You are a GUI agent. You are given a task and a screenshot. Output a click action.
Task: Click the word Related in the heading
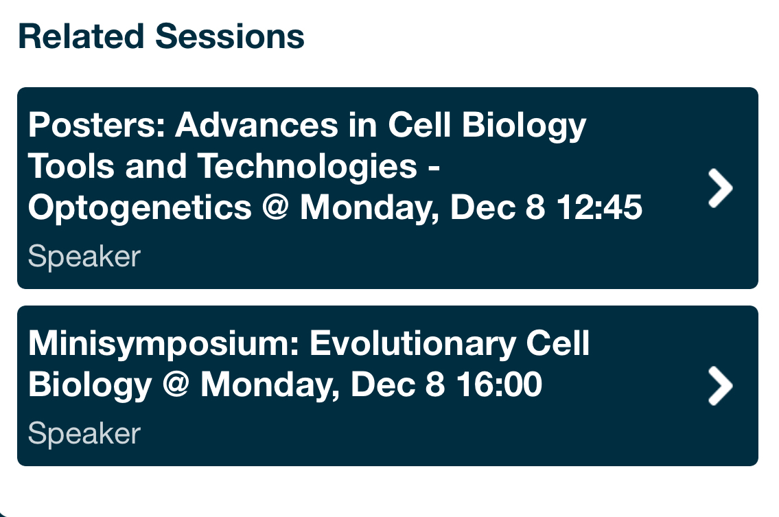pyautogui.click(x=82, y=36)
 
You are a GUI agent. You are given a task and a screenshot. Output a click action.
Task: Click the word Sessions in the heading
pyautogui.click(x=229, y=36)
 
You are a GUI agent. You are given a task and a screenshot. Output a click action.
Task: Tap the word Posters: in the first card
pyautogui.click(x=96, y=125)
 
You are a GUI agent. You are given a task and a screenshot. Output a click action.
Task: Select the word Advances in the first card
pyautogui.click(x=257, y=125)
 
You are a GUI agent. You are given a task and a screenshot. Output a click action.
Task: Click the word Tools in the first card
pyautogui.click(x=71, y=166)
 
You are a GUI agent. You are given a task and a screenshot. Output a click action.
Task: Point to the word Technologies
pyautogui.click(x=307, y=166)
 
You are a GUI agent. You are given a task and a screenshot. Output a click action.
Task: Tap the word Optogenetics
pyautogui.click(x=140, y=207)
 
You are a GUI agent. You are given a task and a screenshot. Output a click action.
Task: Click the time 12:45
pyautogui.click(x=599, y=207)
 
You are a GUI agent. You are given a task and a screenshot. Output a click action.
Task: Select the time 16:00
pyautogui.click(x=499, y=384)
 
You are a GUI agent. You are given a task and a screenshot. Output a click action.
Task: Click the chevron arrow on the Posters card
pyautogui.click(x=720, y=188)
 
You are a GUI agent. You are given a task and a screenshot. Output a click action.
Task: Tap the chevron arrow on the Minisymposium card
pyautogui.click(x=720, y=386)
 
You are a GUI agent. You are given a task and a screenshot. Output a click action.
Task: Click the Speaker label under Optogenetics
pyautogui.click(x=84, y=257)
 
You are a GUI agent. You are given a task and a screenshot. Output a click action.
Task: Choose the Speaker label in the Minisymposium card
pyautogui.click(x=84, y=433)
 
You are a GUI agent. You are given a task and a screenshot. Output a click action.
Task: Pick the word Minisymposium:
pyautogui.click(x=164, y=343)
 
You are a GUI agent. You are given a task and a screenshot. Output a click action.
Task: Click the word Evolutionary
pyautogui.click(x=413, y=343)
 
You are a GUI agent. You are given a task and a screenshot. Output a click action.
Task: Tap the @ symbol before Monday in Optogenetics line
pyautogui.click(x=275, y=207)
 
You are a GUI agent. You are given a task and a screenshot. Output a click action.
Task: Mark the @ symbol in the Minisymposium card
pyautogui.click(x=176, y=384)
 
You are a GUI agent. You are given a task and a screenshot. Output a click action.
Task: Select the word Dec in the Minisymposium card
pyautogui.click(x=382, y=384)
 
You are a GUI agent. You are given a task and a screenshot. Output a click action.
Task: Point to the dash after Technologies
pyautogui.click(x=434, y=169)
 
